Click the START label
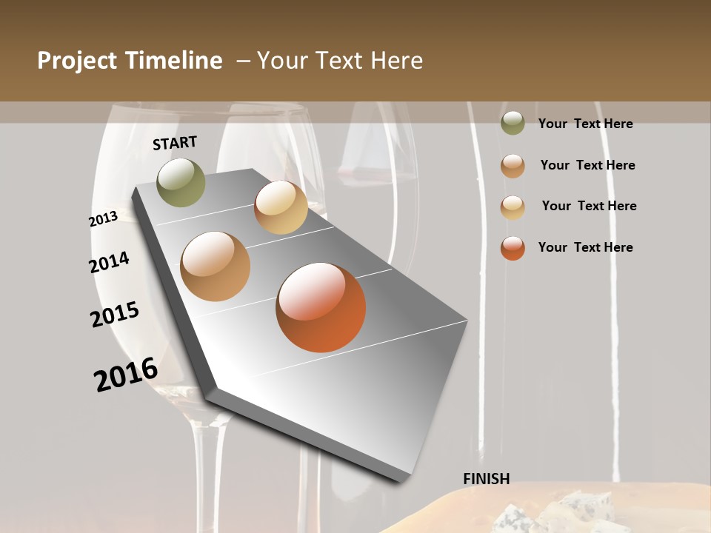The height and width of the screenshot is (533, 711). [x=175, y=143]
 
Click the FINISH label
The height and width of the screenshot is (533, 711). [x=487, y=479]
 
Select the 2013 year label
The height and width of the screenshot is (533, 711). [x=103, y=219]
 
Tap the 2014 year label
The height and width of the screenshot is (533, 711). [x=110, y=263]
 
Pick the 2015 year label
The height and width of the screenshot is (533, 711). [x=115, y=314]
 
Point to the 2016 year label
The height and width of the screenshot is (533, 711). [x=126, y=374]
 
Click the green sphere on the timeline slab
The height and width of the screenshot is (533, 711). [x=181, y=182]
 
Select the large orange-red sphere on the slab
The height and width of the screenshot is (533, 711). [x=321, y=307]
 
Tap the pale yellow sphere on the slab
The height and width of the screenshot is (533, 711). [x=281, y=207]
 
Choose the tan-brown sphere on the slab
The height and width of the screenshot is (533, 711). [x=216, y=266]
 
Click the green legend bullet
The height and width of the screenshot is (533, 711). [x=513, y=124]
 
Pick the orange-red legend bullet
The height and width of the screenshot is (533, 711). [x=513, y=248]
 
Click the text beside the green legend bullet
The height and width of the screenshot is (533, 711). [x=585, y=124]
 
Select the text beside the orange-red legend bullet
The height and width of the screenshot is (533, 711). [x=585, y=247]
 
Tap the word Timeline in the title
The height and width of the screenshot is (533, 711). [x=175, y=61]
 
